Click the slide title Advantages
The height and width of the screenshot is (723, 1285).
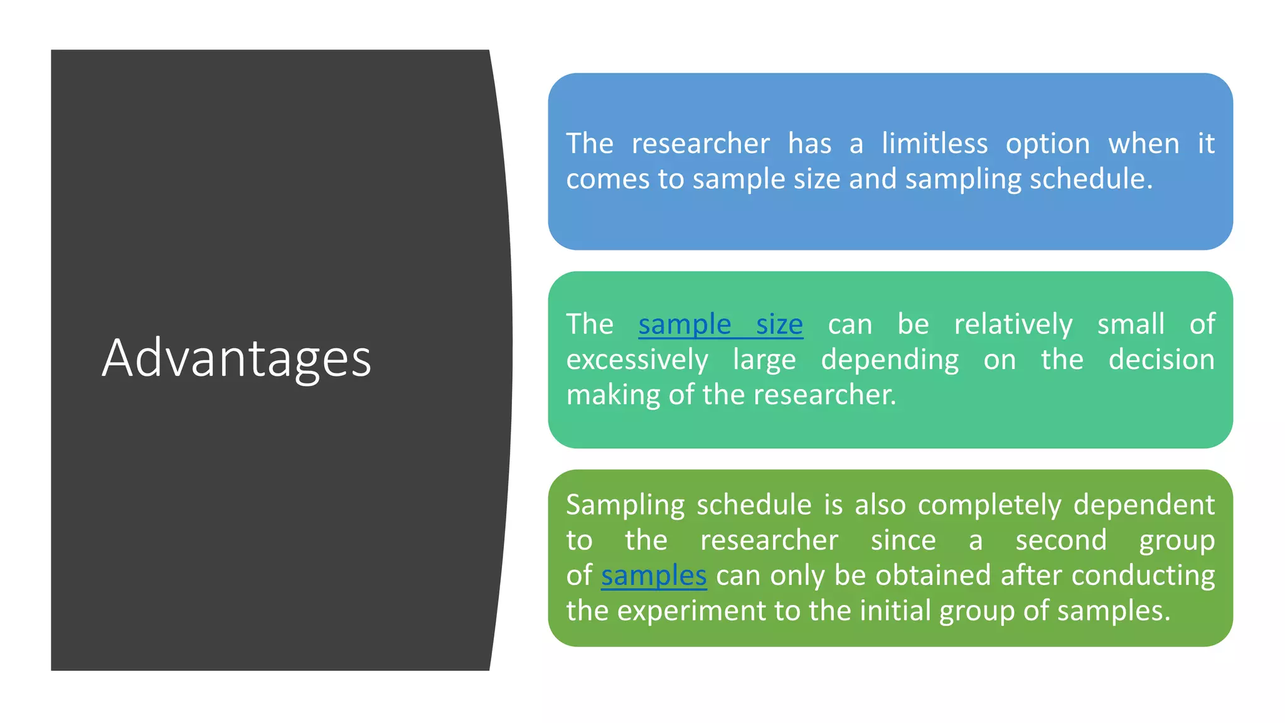pos(237,358)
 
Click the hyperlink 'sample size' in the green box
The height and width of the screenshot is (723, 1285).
pos(720,324)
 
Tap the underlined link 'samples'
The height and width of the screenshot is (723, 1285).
pos(654,576)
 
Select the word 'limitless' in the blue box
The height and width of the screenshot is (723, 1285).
pos(934,144)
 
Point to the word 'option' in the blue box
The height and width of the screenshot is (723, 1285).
pos(1048,144)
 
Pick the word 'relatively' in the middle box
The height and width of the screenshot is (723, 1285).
pos(1013,324)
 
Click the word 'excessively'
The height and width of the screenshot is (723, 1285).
pos(637,360)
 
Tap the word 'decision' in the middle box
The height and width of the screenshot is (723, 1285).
pos(1161,360)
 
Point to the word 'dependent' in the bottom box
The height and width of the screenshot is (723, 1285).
pos(1143,505)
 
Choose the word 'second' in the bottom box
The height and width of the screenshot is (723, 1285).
pos(1061,540)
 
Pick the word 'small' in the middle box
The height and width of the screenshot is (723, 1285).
pos(1131,324)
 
